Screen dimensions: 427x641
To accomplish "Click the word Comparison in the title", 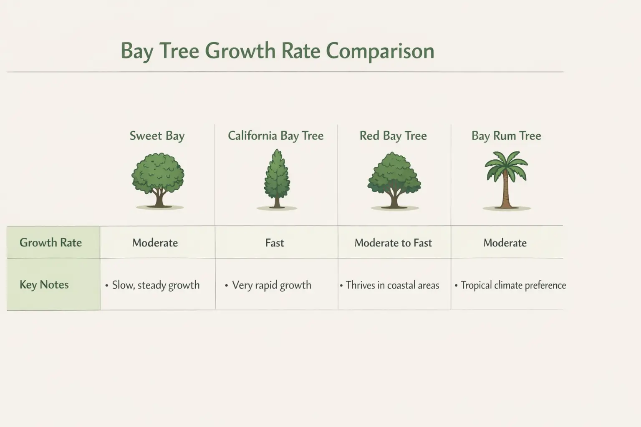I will coord(380,51).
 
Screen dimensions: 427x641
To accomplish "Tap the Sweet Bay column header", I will coord(157,136).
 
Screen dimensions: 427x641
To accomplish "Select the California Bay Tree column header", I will coord(275,136).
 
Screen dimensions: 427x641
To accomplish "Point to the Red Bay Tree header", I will coord(393,136).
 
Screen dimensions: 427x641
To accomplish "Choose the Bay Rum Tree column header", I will coord(506,136).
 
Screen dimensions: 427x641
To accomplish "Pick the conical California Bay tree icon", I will coord(276,179).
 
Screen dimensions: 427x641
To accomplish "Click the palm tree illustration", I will coord(506,179).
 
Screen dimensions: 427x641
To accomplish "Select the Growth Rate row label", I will coord(50,243).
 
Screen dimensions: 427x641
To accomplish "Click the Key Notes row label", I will coord(44,285).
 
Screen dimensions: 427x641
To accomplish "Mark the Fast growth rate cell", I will coord(275,243).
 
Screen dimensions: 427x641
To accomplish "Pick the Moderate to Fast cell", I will coord(393,243).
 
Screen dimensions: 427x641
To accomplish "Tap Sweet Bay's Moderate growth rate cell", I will coord(155,243).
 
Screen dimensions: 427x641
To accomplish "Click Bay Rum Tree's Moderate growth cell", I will coord(505,243).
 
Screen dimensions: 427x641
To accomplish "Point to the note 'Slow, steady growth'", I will coord(156,285).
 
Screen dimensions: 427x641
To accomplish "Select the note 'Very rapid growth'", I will coord(271,285).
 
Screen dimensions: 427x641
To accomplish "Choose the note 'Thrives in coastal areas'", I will coord(392,285).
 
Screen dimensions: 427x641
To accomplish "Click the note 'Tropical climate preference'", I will coord(513,285).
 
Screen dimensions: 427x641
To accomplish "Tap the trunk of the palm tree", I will coord(506,192).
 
